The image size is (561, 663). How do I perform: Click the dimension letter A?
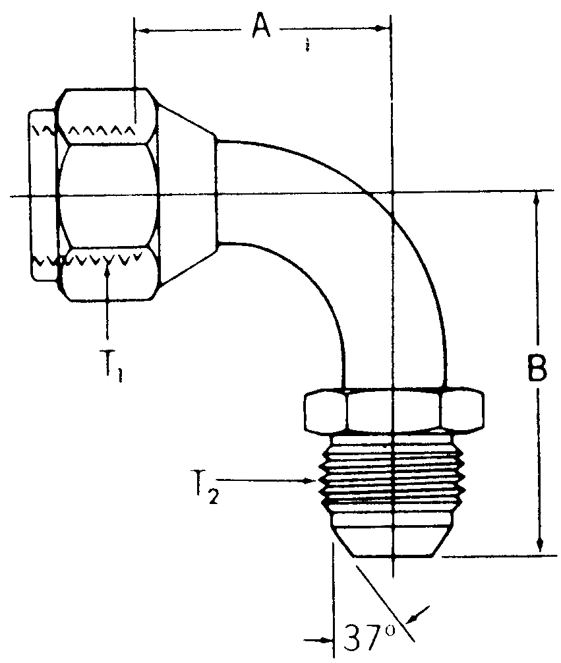(x=261, y=28)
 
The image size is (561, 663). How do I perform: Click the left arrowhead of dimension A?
(x=140, y=28)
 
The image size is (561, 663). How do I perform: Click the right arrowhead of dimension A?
(x=386, y=28)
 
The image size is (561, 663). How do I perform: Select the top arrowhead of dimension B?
(x=539, y=197)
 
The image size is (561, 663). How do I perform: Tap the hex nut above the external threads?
(x=394, y=411)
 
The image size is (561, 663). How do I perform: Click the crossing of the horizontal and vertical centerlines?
(x=392, y=193)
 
